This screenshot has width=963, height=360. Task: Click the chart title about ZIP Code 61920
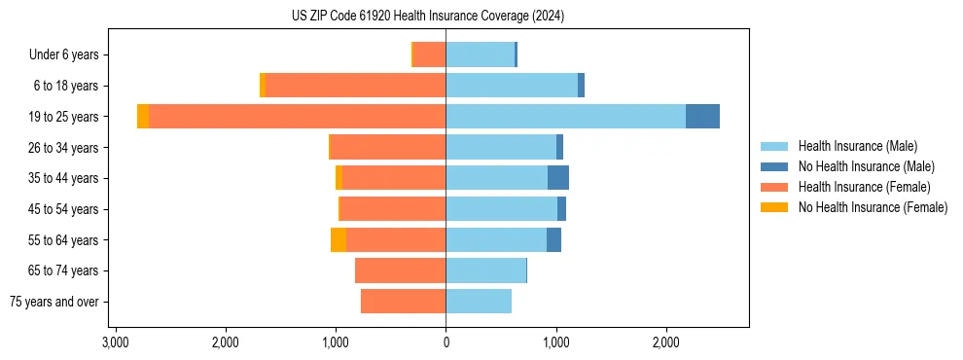(427, 17)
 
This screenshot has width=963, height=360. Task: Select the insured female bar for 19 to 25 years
(297, 117)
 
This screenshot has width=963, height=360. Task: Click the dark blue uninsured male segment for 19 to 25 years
(702, 117)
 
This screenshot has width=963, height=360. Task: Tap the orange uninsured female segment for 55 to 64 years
(339, 240)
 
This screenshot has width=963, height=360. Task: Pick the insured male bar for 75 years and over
(479, 302)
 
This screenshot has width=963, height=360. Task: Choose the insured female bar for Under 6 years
(430, 54)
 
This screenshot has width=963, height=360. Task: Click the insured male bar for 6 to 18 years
(512, 86)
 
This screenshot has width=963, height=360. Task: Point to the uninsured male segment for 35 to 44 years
(558, 178)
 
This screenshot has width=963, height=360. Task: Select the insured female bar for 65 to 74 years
(401, 270)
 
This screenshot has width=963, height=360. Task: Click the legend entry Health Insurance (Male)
(857, 146)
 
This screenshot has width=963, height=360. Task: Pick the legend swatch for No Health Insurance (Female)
(774, 207)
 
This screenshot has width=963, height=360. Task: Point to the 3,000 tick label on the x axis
(116, 342)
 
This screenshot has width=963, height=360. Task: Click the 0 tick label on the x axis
(446, 342)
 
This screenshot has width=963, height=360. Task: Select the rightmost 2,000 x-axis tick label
(666, 342)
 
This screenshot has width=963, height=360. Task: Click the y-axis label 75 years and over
(54, 302)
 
